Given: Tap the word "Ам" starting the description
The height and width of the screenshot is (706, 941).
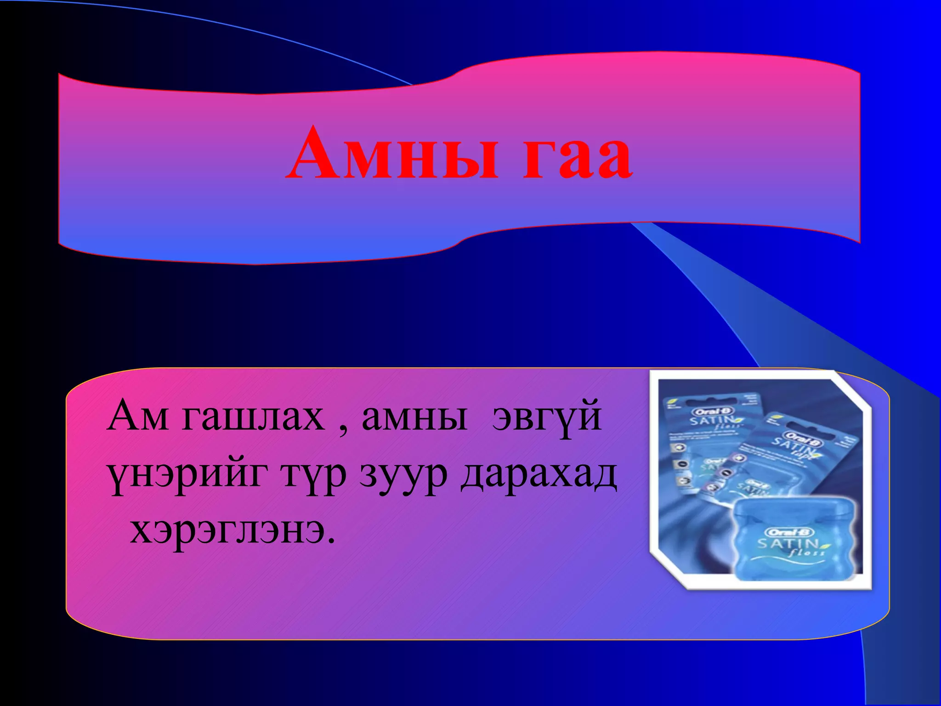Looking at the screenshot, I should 137,416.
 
